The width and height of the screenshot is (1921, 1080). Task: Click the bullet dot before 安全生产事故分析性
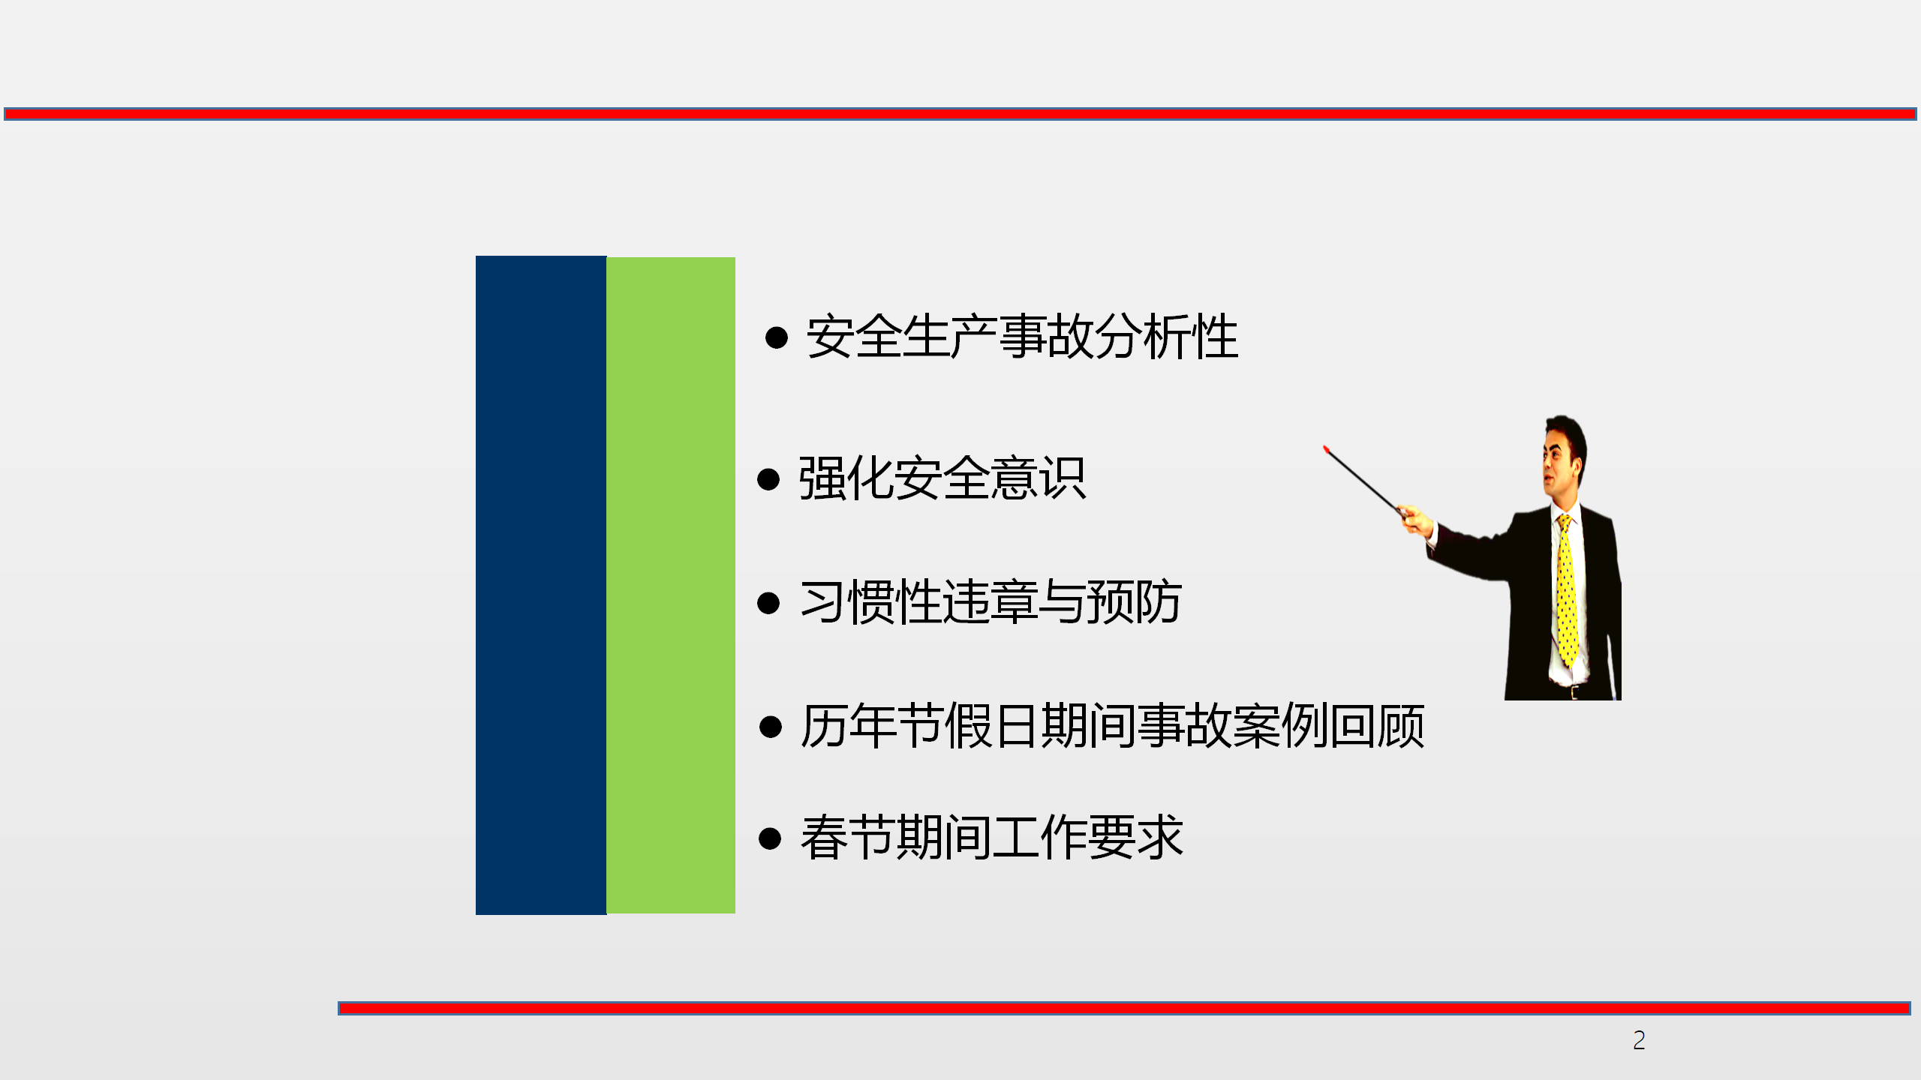click(x=777, y=337)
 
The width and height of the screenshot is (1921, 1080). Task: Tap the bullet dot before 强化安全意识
click(x=768, y=479)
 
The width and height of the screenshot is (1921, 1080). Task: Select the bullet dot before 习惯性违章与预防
click(x=768, y=603)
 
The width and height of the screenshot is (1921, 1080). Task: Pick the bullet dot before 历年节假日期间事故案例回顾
click(x=771, y=727)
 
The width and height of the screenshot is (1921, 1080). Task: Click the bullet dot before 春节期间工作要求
click(x=771, y=838)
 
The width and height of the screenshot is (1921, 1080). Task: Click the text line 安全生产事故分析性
click(x=1022, y=337)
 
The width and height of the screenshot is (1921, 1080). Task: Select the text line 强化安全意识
click(x=942, y=478)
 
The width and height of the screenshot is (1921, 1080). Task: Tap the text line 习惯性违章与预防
click(x=991, y=602)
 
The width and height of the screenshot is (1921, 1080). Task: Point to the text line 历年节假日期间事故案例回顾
click(x=1112, y=726)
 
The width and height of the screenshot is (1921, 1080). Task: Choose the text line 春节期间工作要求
click(x=991, y=837)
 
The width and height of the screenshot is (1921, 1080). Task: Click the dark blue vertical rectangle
click(x=541, y=585)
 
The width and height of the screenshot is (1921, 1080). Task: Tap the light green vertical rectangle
click(x=671, y=585)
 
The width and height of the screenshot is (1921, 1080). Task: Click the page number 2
click(x=1639, y=1040)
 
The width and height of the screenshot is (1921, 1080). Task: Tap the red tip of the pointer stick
click(x=1326, y=449)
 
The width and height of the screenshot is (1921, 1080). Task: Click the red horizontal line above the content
click(x=960, y=114)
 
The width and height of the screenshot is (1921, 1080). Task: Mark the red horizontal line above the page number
click(x=1124, y=1008)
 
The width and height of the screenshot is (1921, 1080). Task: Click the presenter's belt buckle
click(x=1574, y=691)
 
